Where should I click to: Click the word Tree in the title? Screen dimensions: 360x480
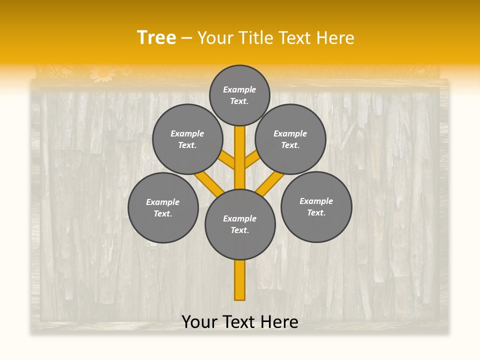(156, 38)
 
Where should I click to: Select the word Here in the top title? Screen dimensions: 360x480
(336, 38)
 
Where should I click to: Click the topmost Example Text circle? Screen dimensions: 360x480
(239, 95)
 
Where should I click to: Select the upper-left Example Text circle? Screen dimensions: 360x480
(187, 139)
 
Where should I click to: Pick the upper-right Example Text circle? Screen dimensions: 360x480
(290, 139)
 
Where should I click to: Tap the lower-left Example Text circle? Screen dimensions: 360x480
(163, 207)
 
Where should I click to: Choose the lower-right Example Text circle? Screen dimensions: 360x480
(316, 206)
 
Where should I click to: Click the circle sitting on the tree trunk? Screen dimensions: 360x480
(240, 224)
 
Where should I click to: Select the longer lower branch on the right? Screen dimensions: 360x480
(270, 183)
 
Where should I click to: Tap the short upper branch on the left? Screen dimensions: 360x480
(228, 159)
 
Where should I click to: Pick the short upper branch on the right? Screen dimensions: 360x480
(251, 160)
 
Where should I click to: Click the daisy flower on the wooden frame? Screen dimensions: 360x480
(103, 74)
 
